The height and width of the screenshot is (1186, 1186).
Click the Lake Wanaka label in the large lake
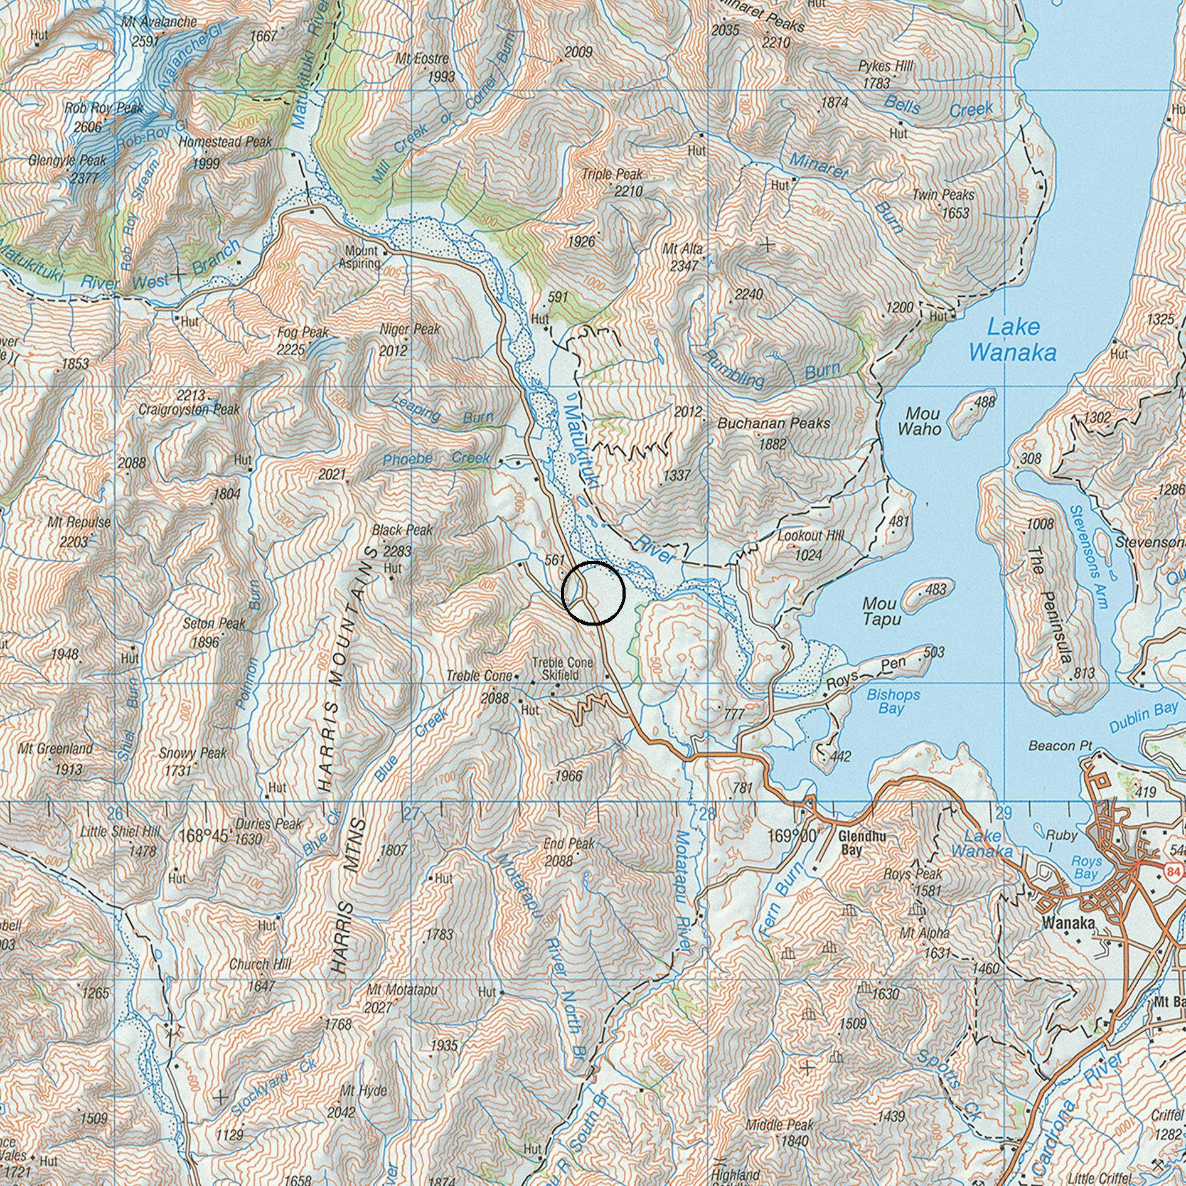(1012, 339)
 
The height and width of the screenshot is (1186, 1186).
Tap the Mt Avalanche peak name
(159, 22)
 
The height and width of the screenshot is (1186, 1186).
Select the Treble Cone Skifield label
(554, 668)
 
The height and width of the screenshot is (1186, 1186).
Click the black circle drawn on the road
(593, 593)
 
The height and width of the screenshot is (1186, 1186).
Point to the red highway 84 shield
(1174, 871)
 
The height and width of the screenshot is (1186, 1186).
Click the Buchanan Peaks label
(774, 424)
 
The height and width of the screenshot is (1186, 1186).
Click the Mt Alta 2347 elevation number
(683, 265)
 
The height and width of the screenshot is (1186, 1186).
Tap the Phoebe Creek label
(436, 459)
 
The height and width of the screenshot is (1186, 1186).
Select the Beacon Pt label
(1060, 745)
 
